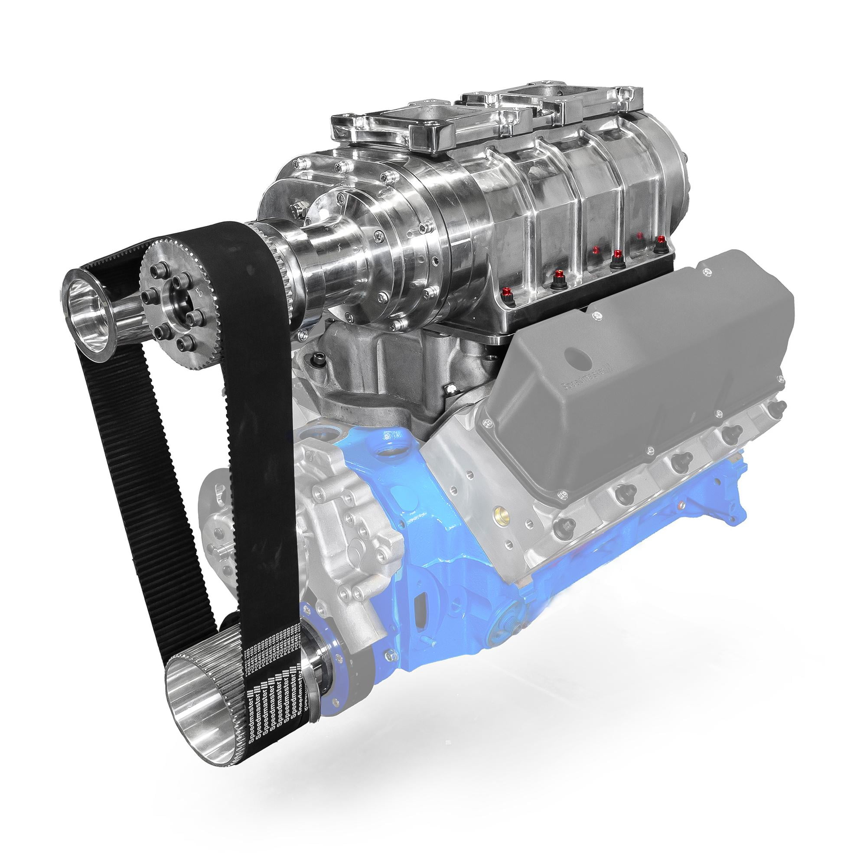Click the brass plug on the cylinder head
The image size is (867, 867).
[x=497, y=511]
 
